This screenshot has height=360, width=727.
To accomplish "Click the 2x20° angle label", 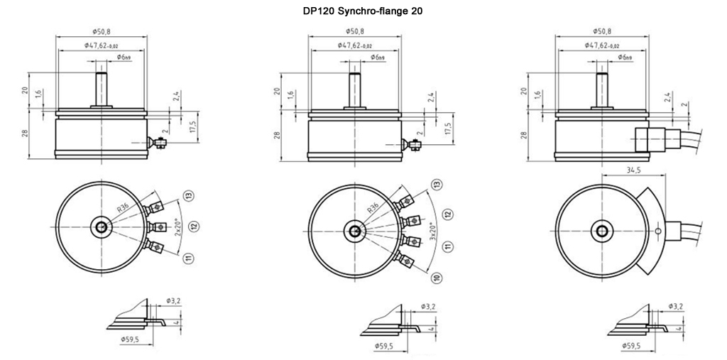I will click(x=178, y=227).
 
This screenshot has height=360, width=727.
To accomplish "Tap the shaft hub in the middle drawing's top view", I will click(x=354, y=231).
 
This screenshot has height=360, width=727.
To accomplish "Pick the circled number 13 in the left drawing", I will click(x=190, y=195).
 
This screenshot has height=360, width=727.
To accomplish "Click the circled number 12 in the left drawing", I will click(x=193, y=227).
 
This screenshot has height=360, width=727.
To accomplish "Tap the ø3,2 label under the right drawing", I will click(x=676, y=306).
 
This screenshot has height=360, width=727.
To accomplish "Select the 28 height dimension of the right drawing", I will click(x=525, y=135).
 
